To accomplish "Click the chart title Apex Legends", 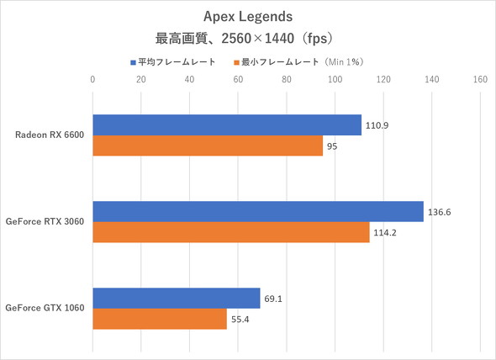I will pos(247,17).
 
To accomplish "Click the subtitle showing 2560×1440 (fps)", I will pos(247,39).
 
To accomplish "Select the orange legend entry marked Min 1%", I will pos(303,61).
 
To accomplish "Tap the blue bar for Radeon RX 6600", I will pos(226,124).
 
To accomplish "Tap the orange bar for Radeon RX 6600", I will pos(207,146).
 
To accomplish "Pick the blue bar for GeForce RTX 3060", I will pos(257,211).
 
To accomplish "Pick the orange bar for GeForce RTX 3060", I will pos(230,233).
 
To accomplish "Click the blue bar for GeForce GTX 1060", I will pos(176,298).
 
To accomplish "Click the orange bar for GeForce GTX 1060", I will pos(159,320).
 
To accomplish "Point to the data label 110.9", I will pos(377,125).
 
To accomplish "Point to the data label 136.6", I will pos(439,212).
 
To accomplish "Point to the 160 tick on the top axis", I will pos(480,81).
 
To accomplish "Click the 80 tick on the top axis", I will pos(287,81).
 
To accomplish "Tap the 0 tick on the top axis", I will pos(92,81).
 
